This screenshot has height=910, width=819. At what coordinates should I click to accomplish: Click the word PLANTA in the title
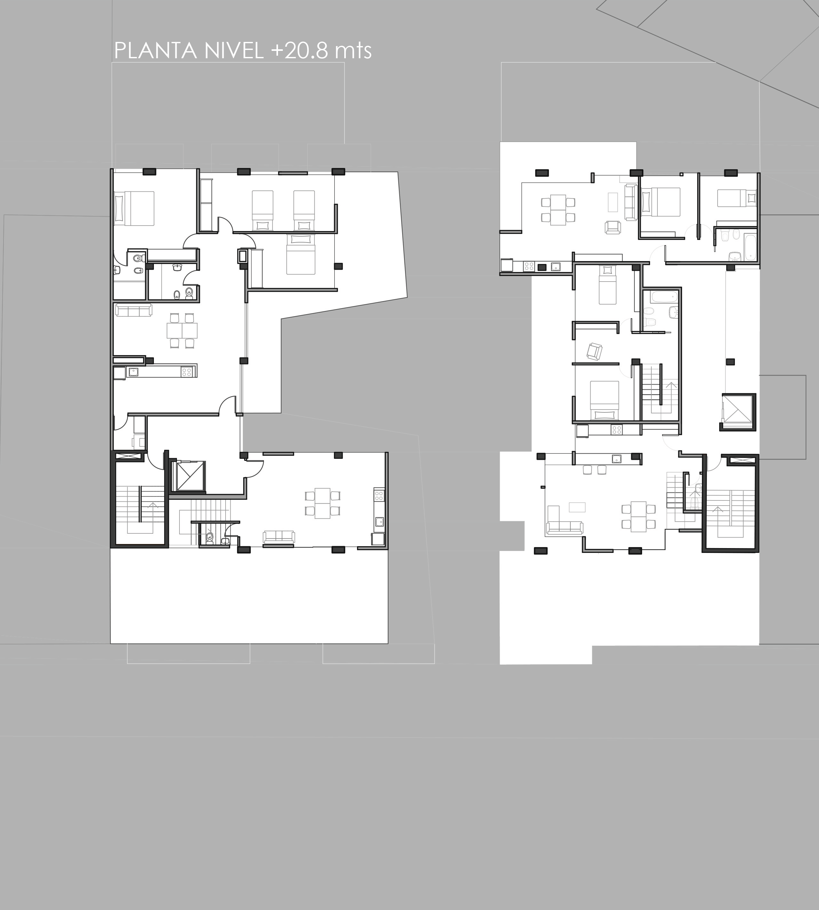[155, 51]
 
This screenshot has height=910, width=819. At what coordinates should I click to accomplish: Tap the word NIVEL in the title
[234, 51]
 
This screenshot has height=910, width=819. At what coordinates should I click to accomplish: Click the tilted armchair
[594, 351]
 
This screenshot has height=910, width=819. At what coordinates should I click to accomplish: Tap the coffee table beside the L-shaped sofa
[577, 507]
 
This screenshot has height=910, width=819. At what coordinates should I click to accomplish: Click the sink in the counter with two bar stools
[616, 459]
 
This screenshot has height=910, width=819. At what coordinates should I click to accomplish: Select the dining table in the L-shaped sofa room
[638, 516]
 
